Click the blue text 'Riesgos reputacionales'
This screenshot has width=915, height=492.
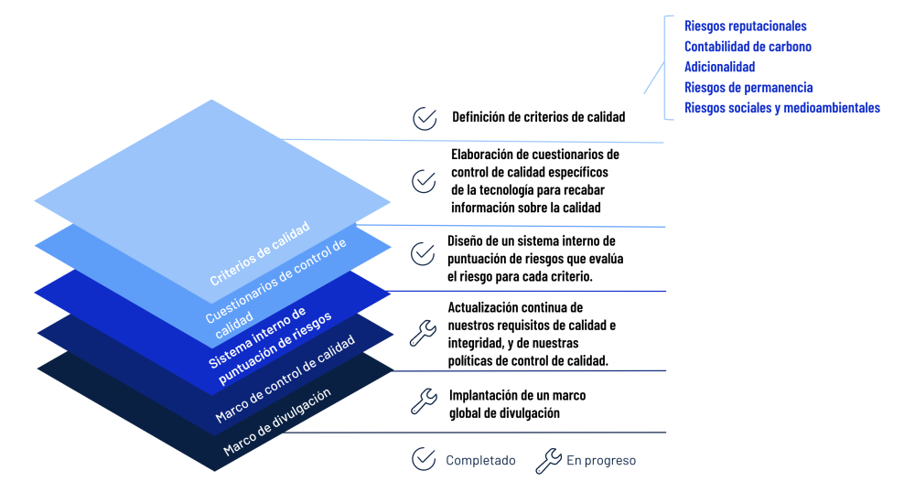click(x=745, y=27)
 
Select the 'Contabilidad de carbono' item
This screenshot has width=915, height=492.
click(x=748, y=47)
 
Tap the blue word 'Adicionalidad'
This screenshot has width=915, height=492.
click(x=719, y=67)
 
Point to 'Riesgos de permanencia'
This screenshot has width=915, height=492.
click(x=748, y=88)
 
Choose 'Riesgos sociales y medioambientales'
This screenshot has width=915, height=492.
click(x=782, y=108)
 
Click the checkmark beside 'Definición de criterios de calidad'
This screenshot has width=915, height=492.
click(x=424, y=118)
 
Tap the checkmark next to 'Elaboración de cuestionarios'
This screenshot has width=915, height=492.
click(x=424, y=181)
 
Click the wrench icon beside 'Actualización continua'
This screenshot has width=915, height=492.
click(x=422, y=333)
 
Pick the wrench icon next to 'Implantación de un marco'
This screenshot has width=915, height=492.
click(x=422, y=401)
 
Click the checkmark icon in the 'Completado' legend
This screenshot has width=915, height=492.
click(x=424, y=460)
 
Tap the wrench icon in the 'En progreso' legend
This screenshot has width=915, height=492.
click(x=548, y=461)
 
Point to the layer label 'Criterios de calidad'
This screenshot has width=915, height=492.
click(x=260, y=253)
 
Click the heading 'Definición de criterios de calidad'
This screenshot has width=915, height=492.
click(x=538, y=117)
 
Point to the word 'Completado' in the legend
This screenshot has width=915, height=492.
click(x=480, y=461)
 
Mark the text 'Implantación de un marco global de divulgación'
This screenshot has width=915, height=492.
click(x=517, y=404)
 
